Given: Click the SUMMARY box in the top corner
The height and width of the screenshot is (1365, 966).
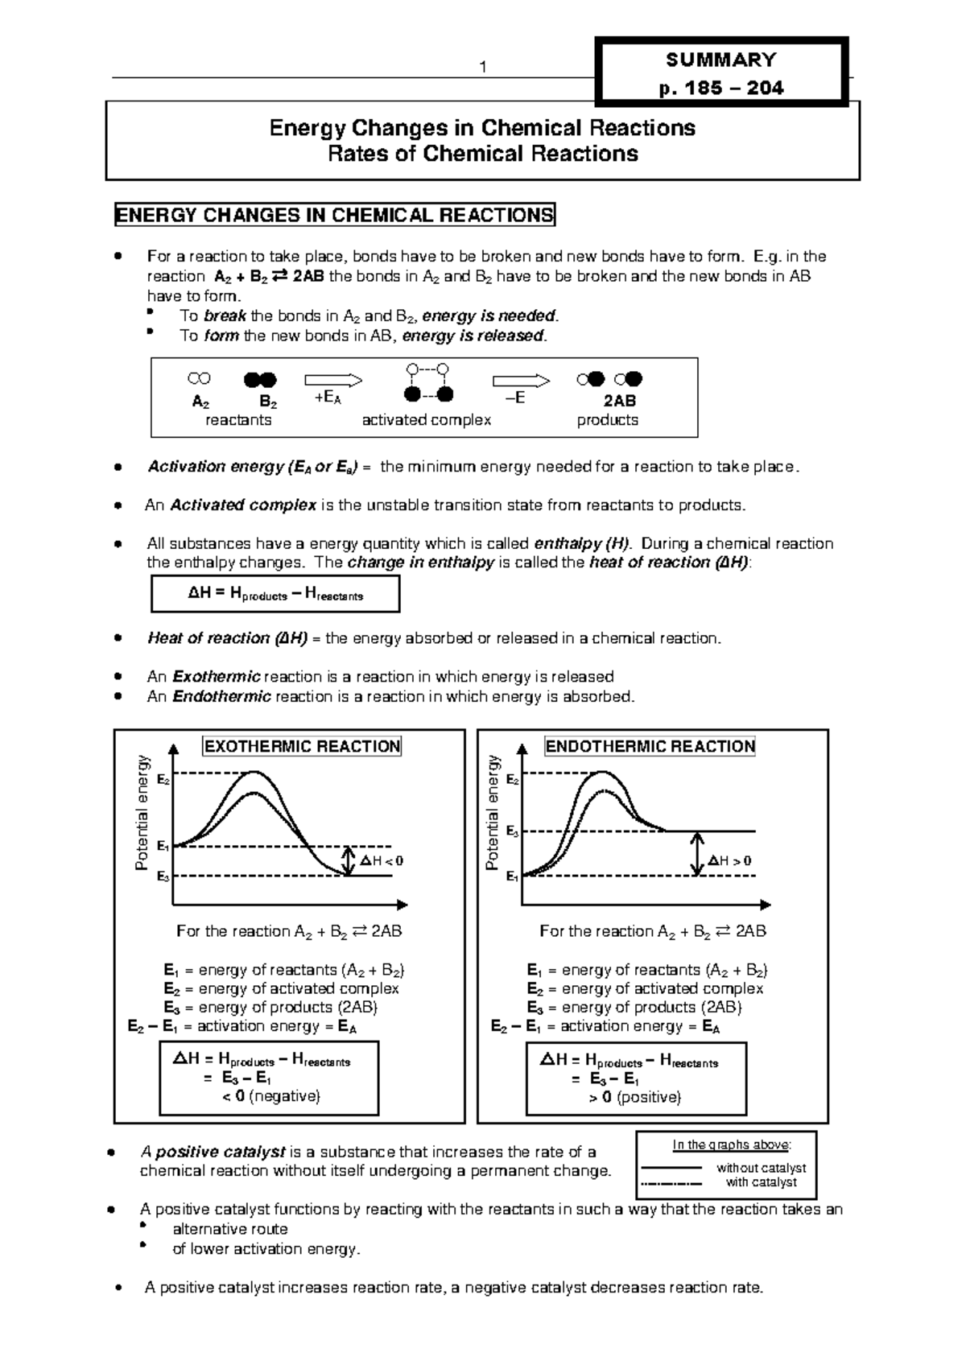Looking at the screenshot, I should (720, 72).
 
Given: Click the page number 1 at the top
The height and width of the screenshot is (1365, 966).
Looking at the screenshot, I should (482, 68).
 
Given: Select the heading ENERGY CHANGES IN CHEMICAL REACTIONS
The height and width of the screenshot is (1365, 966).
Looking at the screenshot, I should (335, 215).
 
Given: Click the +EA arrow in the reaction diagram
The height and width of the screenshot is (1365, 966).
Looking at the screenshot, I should (332, 381).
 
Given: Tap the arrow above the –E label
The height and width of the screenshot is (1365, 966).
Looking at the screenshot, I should (520, 381).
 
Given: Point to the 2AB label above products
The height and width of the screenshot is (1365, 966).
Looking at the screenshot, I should (619, 401).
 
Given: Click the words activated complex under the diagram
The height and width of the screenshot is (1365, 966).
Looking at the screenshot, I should (426, 420).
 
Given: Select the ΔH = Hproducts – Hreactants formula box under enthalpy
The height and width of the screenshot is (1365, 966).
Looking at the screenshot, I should (275, 595).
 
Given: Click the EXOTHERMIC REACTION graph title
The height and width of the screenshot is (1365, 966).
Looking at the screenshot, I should (302, 746).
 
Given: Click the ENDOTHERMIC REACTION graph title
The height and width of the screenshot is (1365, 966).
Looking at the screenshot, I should (650, 746).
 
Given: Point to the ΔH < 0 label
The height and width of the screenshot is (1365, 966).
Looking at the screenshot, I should (382, 860).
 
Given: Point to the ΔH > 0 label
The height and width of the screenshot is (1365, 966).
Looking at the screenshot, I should (729, 860).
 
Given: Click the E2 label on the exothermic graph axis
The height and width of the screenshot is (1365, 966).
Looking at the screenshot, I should (163, 780).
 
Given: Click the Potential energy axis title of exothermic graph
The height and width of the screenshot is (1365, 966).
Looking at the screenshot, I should (142, 813).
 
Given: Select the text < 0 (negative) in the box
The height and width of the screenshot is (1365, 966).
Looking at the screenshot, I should (270, 1096).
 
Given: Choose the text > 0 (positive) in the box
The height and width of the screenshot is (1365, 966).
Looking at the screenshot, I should (634, 1097).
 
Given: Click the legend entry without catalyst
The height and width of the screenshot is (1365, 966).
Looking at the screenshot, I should (761, 1168).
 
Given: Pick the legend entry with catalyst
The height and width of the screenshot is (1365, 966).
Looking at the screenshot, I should (761, 1182).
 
